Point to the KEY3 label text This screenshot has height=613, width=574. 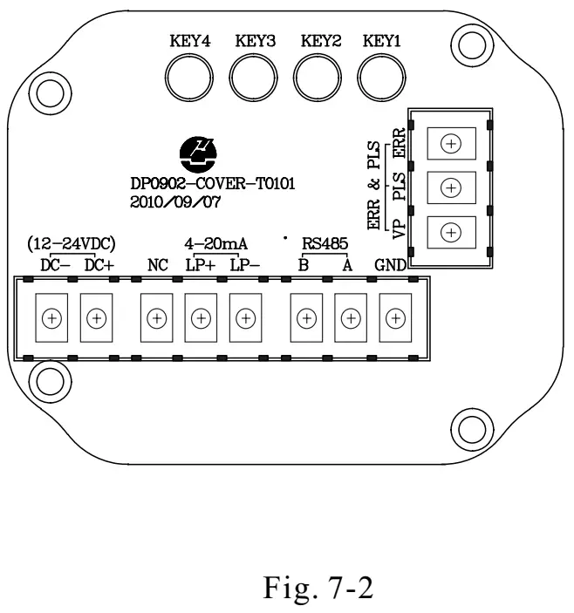[254, 40]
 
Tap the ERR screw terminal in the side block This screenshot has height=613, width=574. [451, 143]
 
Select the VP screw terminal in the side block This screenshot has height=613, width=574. [451, 232]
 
